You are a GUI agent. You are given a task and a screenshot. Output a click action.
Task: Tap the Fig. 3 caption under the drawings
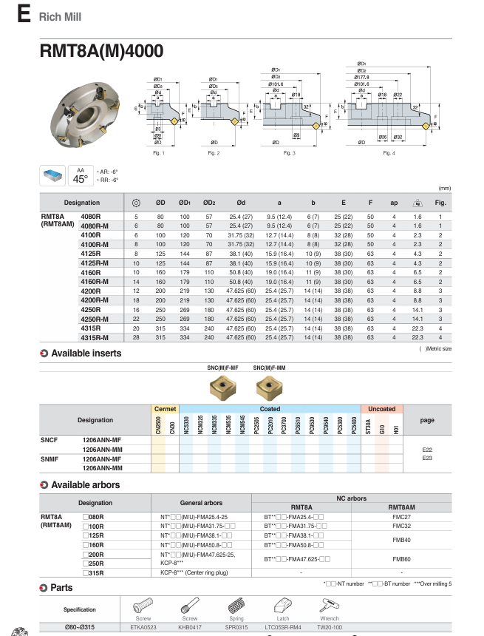click(289, 153)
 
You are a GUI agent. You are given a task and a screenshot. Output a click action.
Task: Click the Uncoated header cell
click(382, 409)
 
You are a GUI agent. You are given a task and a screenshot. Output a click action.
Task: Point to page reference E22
click(427, 450)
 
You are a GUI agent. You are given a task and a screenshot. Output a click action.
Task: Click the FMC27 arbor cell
click(401, 516)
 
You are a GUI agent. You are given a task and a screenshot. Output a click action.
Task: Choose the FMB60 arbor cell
click(401, 558)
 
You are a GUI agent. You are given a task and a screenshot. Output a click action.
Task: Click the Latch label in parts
click(282, 618)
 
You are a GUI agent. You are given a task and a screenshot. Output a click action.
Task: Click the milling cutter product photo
click(82, 111)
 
